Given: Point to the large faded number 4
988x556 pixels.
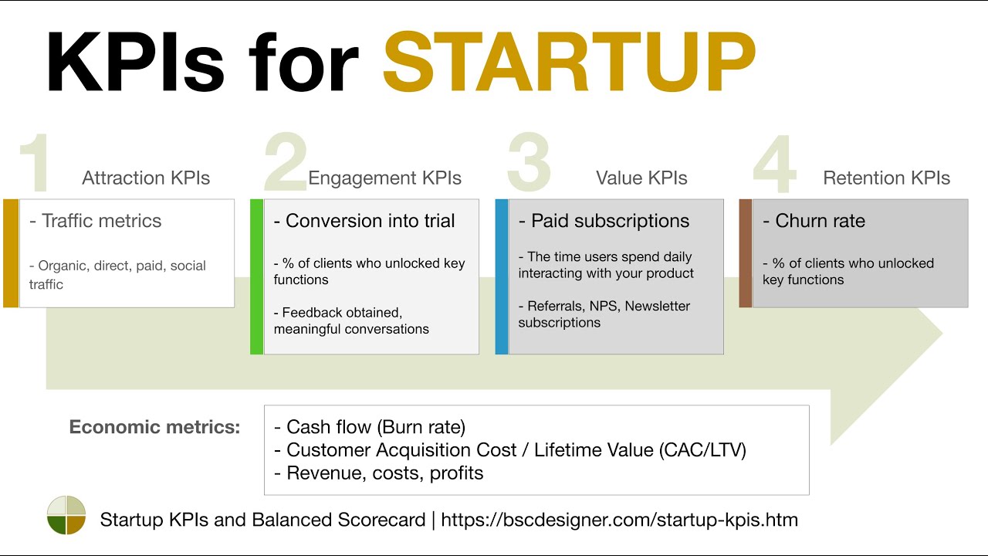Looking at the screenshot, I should click(x=774, y=164).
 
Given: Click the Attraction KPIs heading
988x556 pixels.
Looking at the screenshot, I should click(x=146, y=178).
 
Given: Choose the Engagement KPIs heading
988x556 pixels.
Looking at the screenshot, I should click(x=384, y=178).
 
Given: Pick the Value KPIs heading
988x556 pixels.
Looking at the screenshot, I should click(x=641, y=178).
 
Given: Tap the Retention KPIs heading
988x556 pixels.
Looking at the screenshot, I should click(x=886, y=178).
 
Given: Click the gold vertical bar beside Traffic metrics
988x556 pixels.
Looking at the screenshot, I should click(x=11, y=253).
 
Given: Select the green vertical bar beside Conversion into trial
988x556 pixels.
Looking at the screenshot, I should click(x=257, y=276).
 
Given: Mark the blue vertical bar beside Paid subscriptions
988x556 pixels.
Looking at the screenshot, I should click(x=502, y=276).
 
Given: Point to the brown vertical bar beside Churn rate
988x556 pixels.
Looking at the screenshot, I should click(x=746, y=253).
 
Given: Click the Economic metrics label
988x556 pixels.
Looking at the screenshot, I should click(x=154, y=427).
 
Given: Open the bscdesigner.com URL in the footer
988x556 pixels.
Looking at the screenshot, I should click(x=619, y=520).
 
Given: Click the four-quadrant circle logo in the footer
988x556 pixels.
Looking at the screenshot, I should click(x=66, y=515).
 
